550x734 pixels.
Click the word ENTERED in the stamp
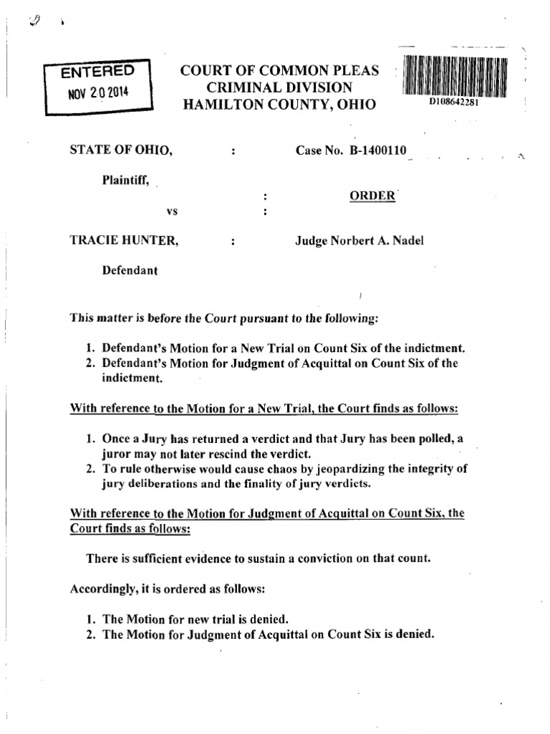point(97,71)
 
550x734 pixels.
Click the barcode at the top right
point(455,76)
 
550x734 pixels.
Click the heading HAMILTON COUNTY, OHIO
point(279,105)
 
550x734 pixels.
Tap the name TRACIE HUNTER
point(123,241)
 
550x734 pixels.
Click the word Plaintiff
point(125,181)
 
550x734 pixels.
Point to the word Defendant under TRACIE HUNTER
point(130,270)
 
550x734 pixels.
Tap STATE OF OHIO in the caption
point(120,151)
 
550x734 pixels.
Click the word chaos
point(254,470)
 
